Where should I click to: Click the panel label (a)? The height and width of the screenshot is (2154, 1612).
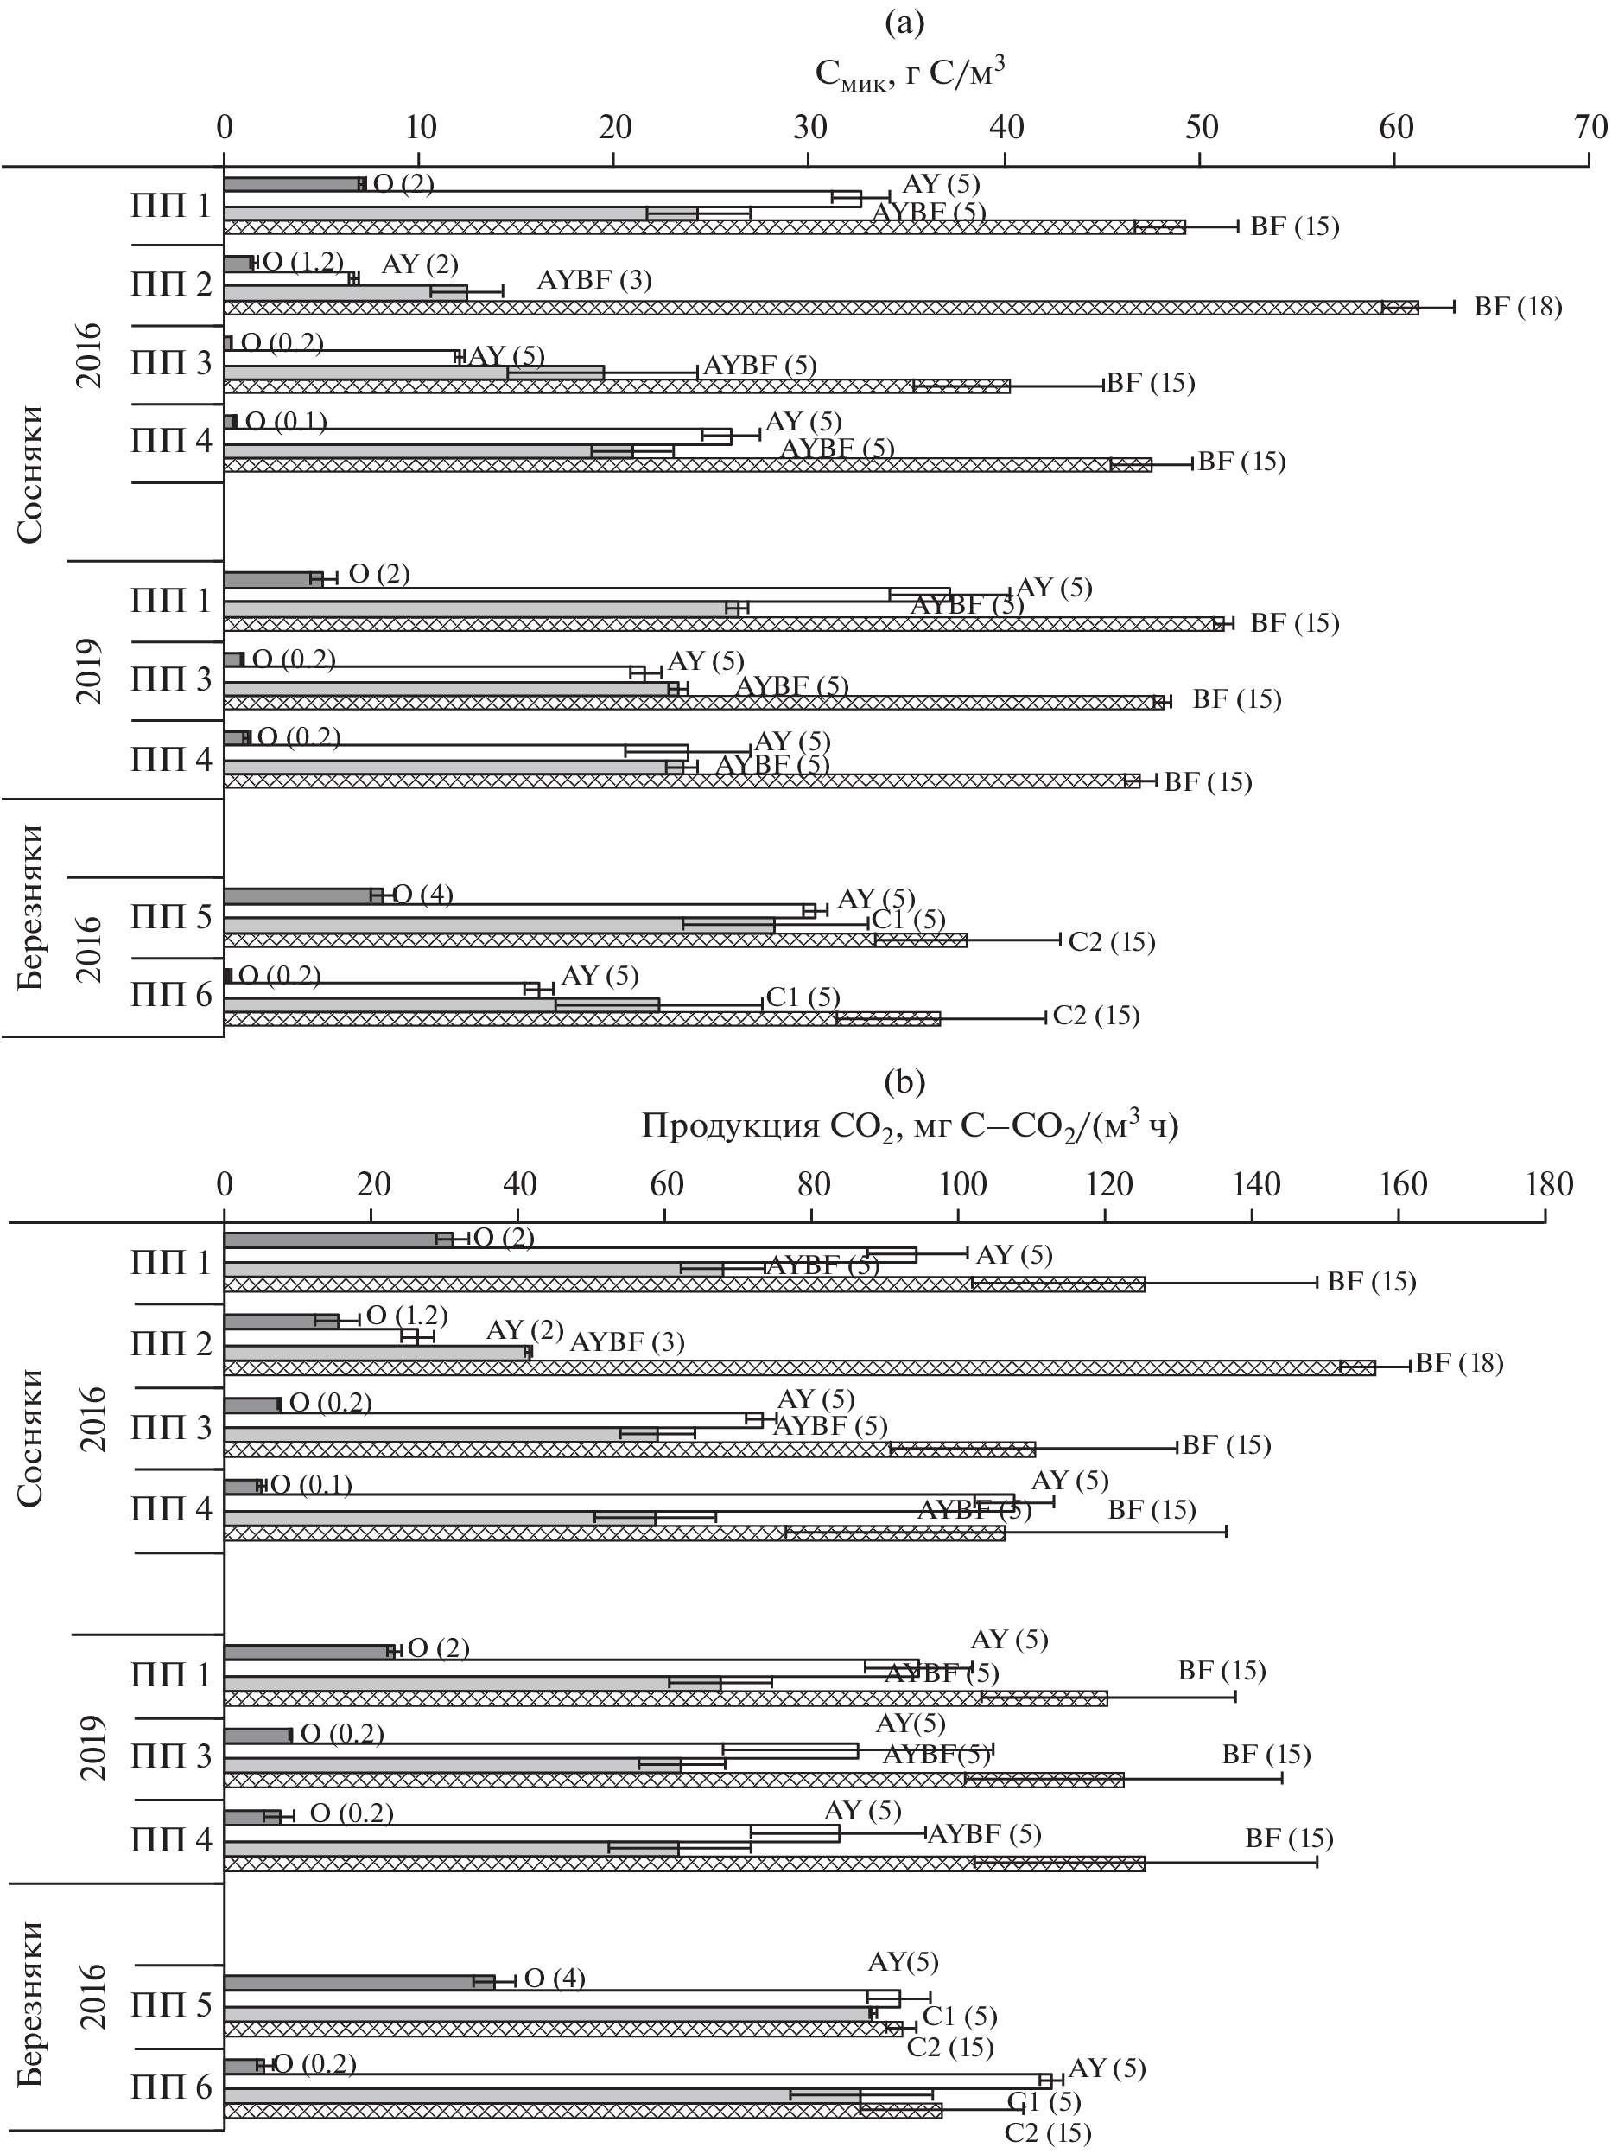[904, 22]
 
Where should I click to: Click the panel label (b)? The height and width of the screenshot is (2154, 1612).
[904, 1081]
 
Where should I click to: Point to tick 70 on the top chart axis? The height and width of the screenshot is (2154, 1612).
[1590, 128]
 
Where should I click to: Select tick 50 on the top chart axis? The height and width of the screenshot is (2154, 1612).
[1200, 128]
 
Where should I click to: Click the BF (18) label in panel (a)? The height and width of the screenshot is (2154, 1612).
[1517, 308]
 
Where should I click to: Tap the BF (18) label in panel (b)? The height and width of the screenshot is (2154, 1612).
[1458, 1362]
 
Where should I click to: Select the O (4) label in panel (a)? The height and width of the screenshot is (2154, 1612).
[422, 894]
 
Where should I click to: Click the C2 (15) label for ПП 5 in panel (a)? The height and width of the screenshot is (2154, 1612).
[1111, 941]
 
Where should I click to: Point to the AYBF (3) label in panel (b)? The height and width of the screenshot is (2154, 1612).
[627, 1341]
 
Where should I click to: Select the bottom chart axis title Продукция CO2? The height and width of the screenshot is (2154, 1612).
[909, 1125]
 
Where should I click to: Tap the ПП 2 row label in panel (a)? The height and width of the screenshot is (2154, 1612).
[171, 285]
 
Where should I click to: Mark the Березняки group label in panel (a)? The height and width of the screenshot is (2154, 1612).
[31, 906]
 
